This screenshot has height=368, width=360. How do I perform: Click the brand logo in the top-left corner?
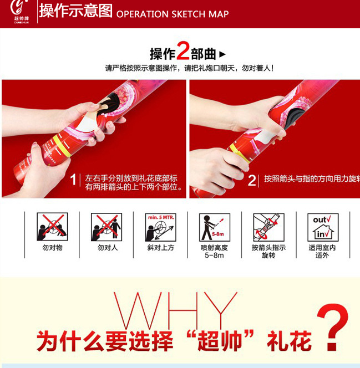(x=18, y=11)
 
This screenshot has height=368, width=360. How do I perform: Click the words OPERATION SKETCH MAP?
(x=173, y=14)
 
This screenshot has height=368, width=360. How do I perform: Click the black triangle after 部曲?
(x=222, y=54)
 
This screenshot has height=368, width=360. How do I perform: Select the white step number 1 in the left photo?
(x=73, y=180)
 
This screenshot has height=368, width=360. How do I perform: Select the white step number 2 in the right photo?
(x=252, y=180)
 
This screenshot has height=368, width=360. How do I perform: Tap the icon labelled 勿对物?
(x=52, y=227)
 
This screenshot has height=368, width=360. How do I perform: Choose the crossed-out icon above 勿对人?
(x=107, y=227)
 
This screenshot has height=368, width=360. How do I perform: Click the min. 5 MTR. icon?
(x=160, y=227)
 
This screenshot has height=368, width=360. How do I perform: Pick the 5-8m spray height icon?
(x=214, y=227)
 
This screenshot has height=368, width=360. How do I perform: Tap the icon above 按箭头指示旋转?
(x=268, y=227)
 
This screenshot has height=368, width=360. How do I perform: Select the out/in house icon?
(x=322, y=227)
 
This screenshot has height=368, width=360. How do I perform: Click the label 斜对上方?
(x=160, y=248)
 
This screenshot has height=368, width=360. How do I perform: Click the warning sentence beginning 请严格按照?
(x=189, y=69)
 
